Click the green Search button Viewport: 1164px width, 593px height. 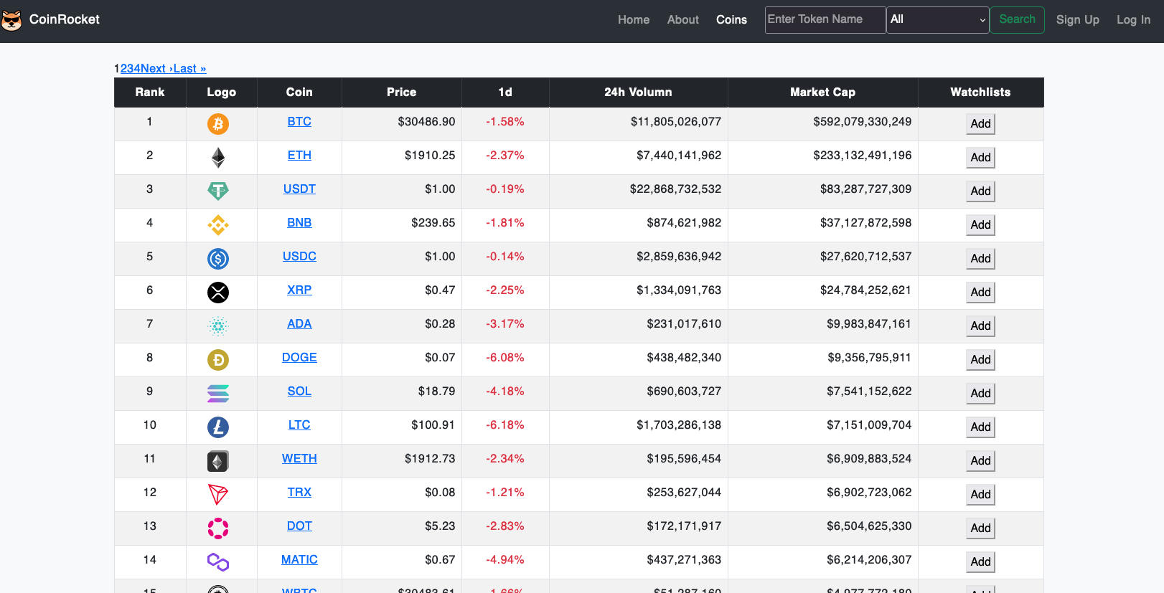[x=1017, y=19]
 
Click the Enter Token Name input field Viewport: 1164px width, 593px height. [x=825, y=19]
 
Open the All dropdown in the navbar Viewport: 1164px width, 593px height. [x=937, y=19]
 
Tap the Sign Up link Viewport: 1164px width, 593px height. [x=1077, y=20]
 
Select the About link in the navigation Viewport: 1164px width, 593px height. [x=682, y=20]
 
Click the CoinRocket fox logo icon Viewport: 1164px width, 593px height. [x=11, y=20]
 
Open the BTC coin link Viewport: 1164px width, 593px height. [x=299, y=122]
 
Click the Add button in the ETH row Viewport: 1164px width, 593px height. [x=980, y=158]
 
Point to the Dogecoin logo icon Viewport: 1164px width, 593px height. [x=218, y=360]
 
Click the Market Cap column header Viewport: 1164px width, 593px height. [x=822, y=92]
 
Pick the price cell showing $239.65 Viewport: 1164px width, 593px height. [x=433, y=223]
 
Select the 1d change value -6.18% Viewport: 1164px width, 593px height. [x=505, y=425]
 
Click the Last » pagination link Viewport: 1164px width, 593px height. [x=189, y=69]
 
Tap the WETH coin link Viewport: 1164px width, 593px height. [x=299, y=459]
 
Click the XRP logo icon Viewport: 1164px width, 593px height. [x=218, y=293]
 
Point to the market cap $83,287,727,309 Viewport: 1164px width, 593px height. [x=865, y=189]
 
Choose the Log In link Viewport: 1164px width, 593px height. [x=1133, y=20]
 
